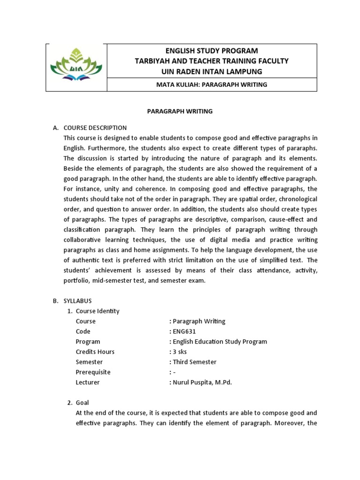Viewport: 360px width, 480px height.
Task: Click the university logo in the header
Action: pos(76,67)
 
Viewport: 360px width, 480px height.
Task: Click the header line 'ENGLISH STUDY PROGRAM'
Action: pos(212,51)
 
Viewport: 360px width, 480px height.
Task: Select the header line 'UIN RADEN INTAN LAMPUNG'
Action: pos(212,71)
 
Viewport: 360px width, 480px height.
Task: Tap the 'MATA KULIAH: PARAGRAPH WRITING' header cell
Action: pos(212,85)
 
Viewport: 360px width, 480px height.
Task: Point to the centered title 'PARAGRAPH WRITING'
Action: pos(180,112)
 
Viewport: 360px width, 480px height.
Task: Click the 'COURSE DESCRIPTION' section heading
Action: pos(95,127)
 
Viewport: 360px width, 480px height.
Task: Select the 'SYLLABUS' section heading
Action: pos(78,301)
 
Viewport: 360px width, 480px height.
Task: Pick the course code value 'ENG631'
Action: pos(184,331)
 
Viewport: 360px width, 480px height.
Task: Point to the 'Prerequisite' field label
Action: pos(93,372)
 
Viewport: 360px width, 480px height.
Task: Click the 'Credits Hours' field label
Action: pos(95,352)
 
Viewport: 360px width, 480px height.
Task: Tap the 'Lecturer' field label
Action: pos(88,382)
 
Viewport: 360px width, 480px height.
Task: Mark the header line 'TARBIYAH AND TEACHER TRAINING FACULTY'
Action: pos(212,61)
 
